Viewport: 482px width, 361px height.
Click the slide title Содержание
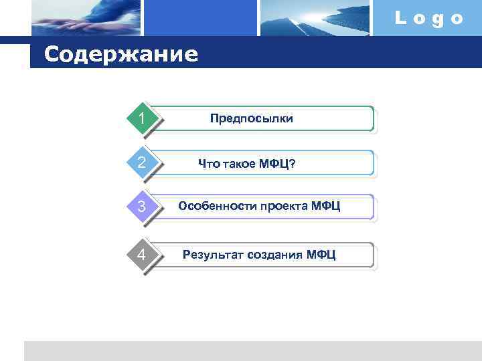pos(121,53)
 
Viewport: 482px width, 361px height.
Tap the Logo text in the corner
pos(428,19)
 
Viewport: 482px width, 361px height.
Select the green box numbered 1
pos(142,118)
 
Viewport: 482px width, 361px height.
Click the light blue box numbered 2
pos(142,162)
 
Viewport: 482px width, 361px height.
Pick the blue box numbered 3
pos(142,207)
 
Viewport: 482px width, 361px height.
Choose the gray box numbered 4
pos(142,255)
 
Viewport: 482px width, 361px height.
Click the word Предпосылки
pos(251,118)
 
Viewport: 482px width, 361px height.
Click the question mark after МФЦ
pos(293,164)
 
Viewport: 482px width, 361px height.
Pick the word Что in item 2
pos(208,164)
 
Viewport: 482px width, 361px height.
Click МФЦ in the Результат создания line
pos(321,255)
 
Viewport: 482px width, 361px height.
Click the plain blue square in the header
pos(201,17)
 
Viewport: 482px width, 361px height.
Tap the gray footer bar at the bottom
pos(252,350)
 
